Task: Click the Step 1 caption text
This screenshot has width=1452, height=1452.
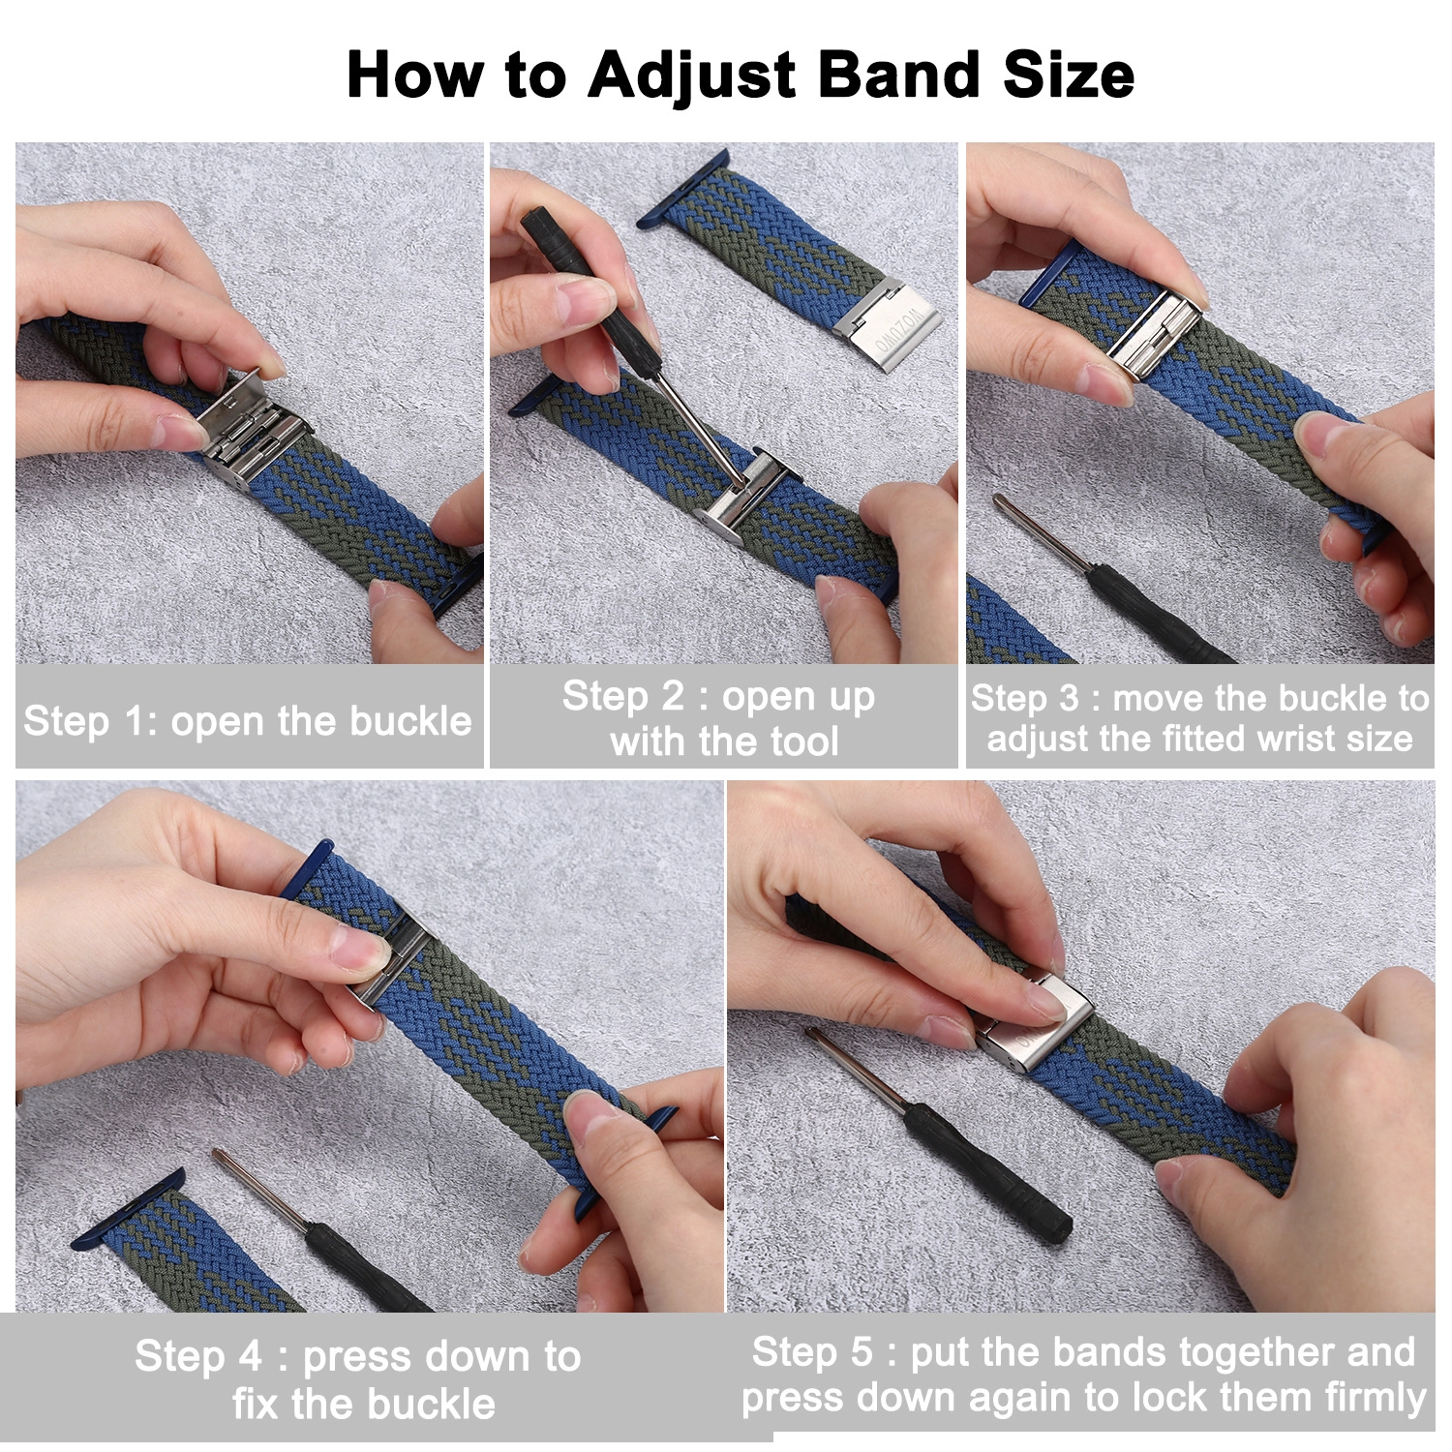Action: pyautogui.click(x=248, y=721)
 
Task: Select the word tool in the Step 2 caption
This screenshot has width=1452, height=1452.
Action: pyautogui.click(x=804, y=741)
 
